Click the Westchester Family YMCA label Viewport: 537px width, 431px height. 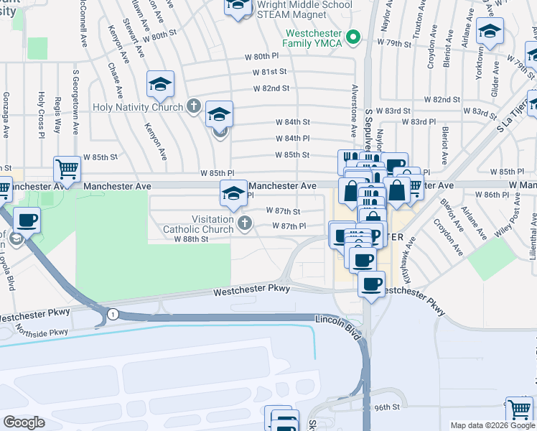coord(313,39)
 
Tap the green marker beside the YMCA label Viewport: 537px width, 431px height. coord(352,36)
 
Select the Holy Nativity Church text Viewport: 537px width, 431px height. coord(138,107)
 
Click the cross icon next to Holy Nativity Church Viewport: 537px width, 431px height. coord(192,107)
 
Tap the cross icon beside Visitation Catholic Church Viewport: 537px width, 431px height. coord(244,223)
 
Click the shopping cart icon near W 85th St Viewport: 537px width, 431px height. coord(67,170)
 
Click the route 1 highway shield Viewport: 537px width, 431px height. coord(112,314)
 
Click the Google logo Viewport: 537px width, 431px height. coord(24,422)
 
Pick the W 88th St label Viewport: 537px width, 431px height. coord(190,239)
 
